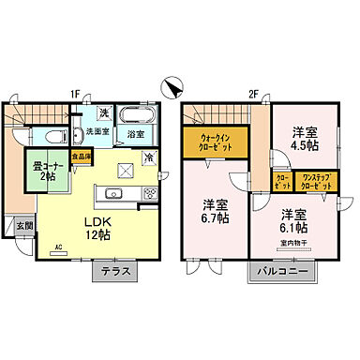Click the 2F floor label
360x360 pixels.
[252, 94]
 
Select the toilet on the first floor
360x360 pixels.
[53, 134]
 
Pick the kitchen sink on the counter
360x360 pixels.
[115, 193]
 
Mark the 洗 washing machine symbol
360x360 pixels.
[105, 114]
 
